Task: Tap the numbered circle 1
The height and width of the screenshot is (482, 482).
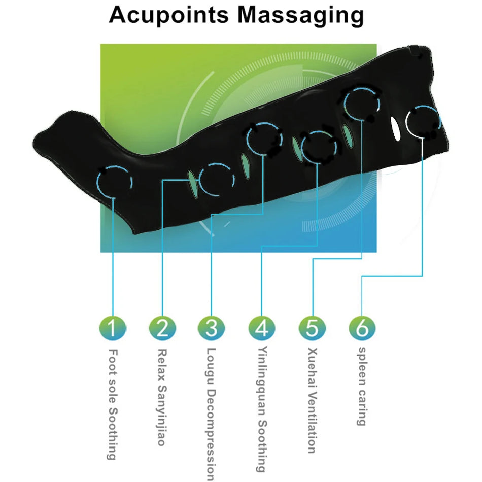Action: click(x=112, y=328)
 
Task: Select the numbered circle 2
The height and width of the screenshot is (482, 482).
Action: click(x=162, y=328)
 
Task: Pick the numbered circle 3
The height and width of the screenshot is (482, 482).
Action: click(x=212, y=328)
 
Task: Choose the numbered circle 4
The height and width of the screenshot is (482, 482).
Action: click(x=261, y=328)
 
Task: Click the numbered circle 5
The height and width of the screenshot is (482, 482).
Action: click(x=312, y=328)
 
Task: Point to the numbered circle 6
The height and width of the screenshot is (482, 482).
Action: click(x=362, y=328)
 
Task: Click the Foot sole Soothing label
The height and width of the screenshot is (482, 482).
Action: click(x=113, y=404)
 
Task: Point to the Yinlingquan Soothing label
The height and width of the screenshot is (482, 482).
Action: click(x=262, y=409)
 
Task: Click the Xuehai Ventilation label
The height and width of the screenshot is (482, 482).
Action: click(x=312, y=400)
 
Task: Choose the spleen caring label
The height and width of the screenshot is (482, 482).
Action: click(x=362, y=386)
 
